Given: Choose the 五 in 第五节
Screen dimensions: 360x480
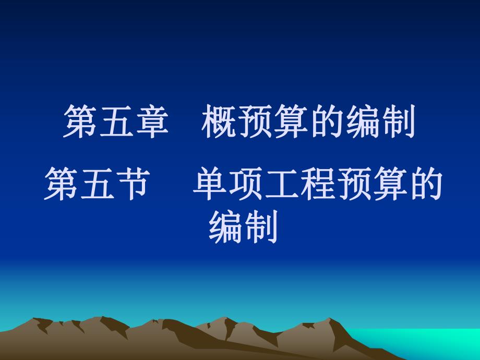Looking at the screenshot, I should [x=94, y=186].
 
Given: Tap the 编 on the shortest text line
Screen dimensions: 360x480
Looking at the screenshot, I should [x=225, y=228].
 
